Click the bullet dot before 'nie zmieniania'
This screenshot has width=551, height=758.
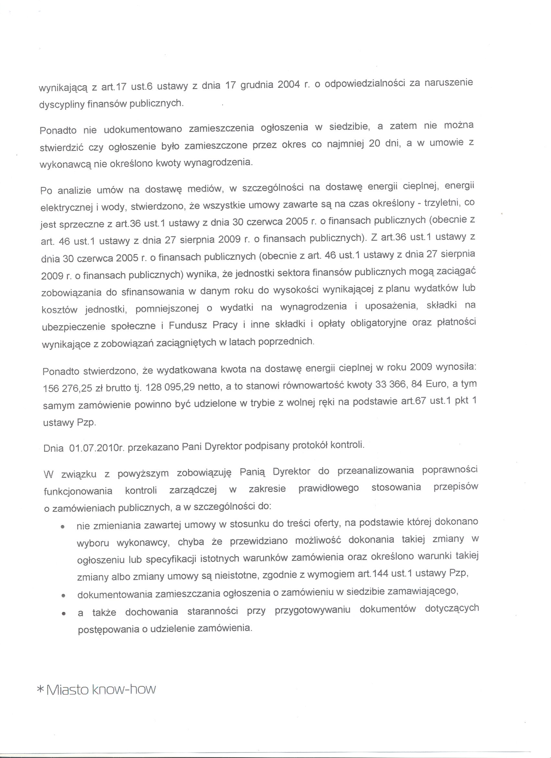62,527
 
